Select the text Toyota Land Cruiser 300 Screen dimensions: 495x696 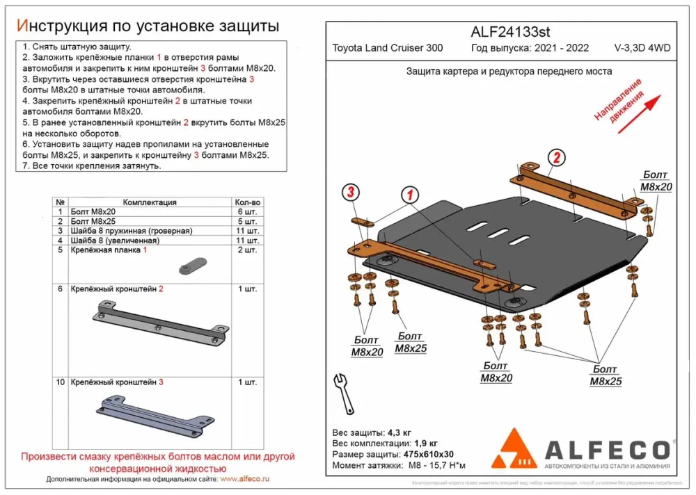click(387, 48)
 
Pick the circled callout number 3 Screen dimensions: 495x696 click(351, 192)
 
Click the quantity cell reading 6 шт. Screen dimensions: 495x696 click(246, 211)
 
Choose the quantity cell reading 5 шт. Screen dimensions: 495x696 click(246, 221)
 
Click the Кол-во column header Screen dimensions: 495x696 click(246, 202)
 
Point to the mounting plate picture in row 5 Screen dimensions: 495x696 click(192, 265)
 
